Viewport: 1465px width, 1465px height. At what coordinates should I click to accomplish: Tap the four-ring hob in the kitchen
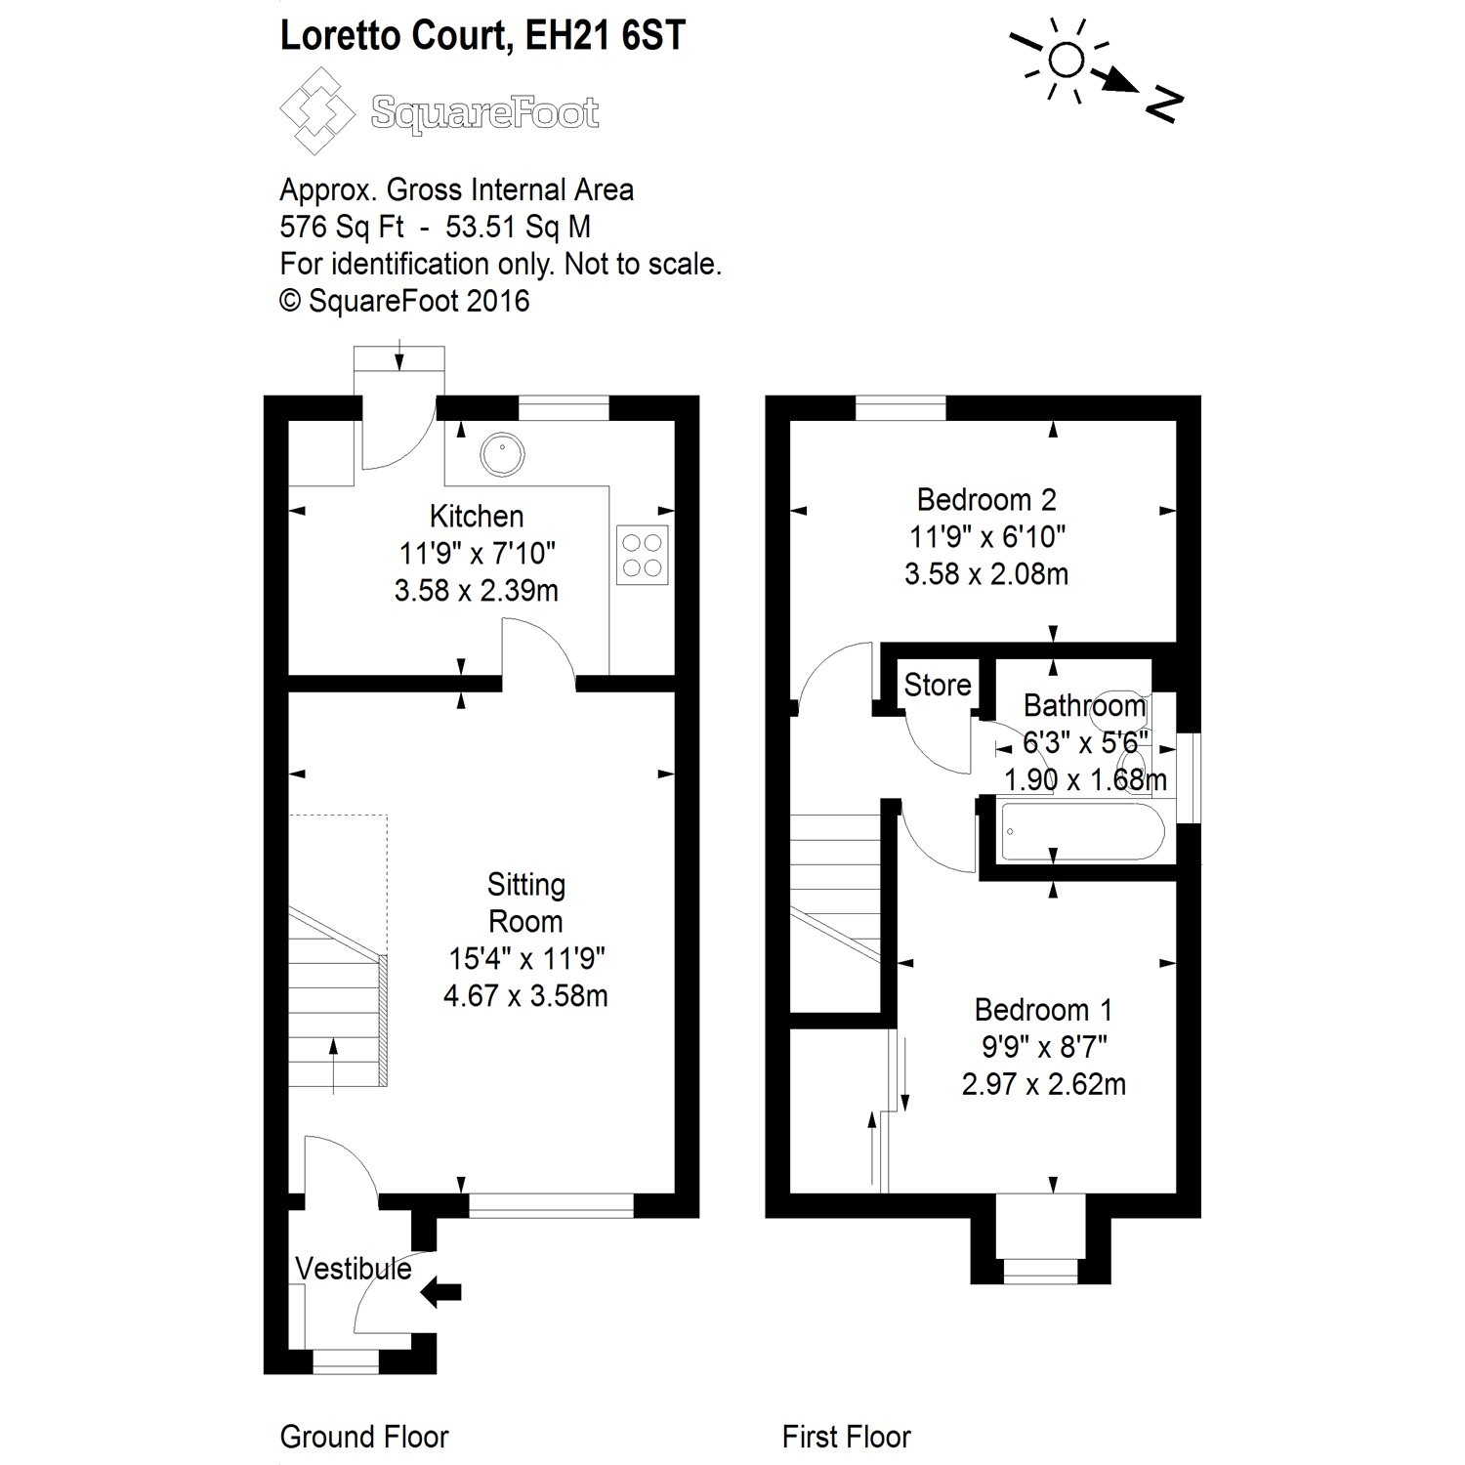click(x=643, y=555)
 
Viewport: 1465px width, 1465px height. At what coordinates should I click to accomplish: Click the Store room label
click(x=937, y=685)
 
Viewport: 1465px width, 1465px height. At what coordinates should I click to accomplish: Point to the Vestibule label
click(x=354, y=1269)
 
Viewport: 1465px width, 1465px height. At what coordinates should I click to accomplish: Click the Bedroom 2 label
click(x=986, y=500)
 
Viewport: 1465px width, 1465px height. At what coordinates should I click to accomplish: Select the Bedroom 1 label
click(x=1043, y=1010)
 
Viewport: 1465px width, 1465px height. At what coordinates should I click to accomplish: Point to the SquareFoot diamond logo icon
click(x=317, y=110)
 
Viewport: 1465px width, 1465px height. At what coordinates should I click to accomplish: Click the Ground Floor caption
click(x=363, y=1437)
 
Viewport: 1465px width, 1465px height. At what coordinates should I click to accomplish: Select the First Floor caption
click(x=846, y=1437)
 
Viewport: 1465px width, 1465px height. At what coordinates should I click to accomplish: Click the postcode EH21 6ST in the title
click(x=605, y=35)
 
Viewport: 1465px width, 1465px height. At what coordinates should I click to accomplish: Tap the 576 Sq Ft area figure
click(x=341, y=228)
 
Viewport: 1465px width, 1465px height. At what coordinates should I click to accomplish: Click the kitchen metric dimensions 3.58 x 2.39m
click(x=477, y=591)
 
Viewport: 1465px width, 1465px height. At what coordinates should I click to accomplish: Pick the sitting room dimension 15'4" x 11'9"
click(x=525, y=959)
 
